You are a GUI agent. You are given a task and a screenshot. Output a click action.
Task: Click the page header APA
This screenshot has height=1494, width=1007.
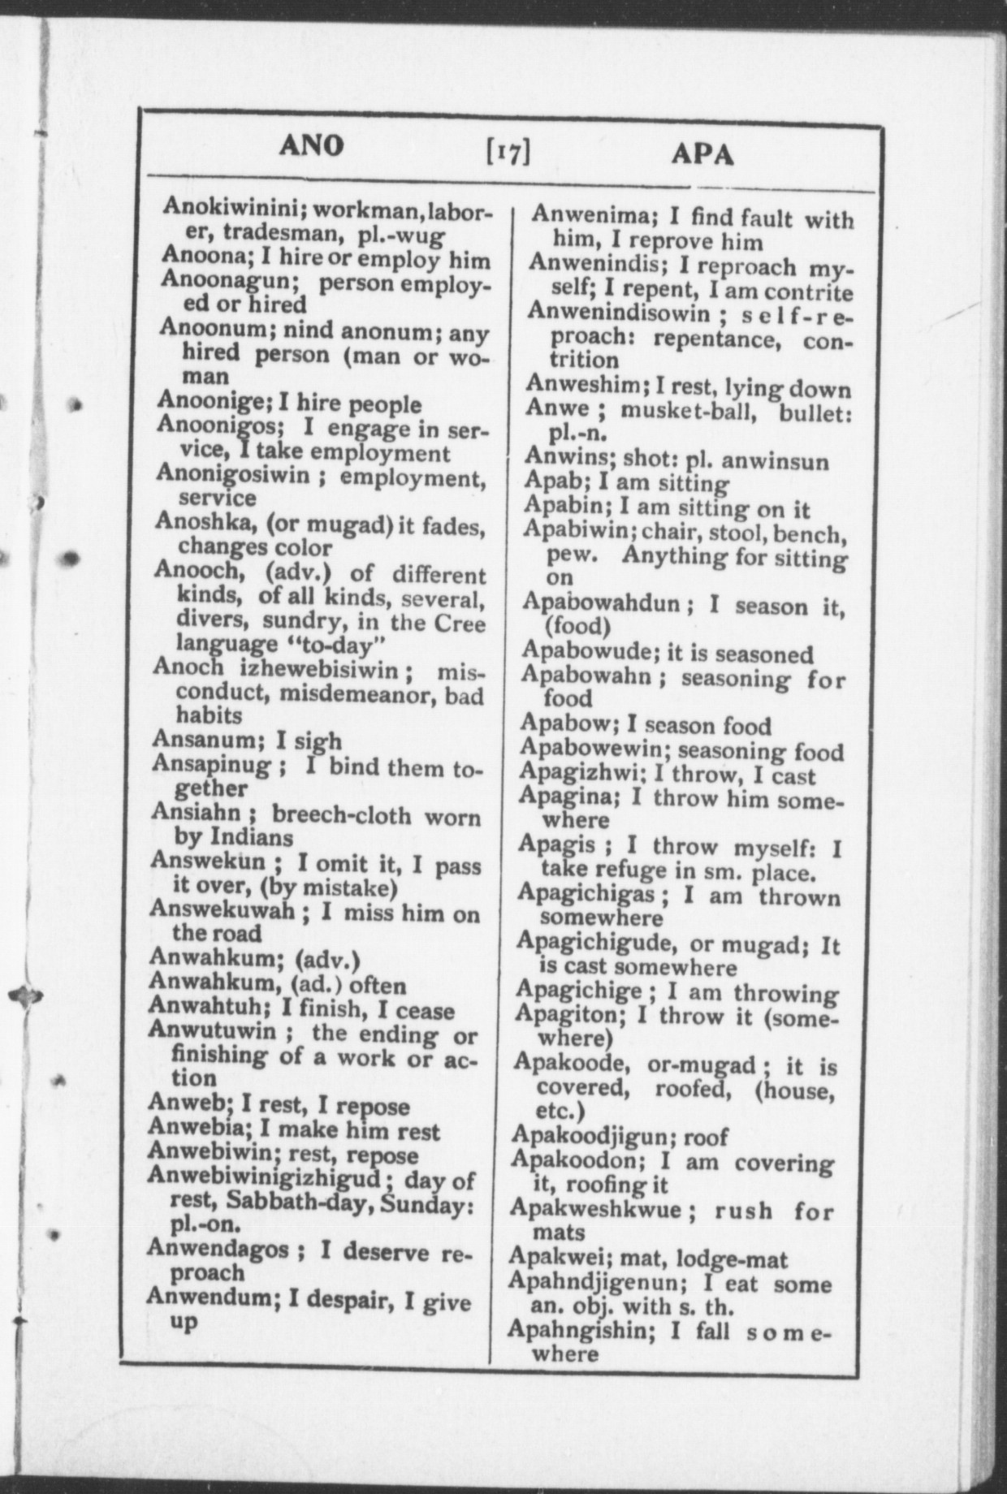pyautogui.click(x=702, y=153)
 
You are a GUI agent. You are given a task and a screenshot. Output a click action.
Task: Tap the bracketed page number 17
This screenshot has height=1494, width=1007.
pyautogui.click(x=508, y=151)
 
